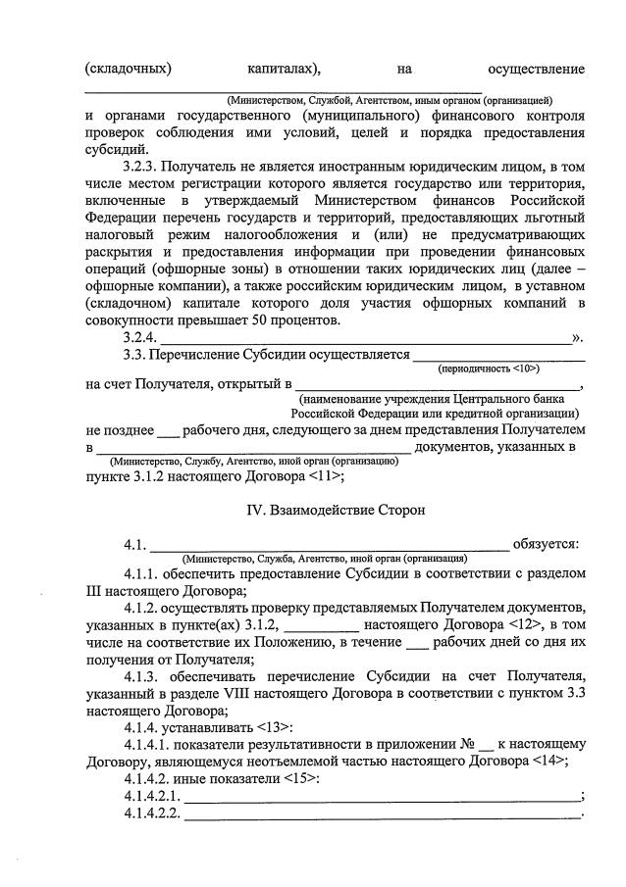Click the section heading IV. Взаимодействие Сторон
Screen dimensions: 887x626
(x=335, y=510)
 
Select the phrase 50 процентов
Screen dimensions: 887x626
(x=299, y=320)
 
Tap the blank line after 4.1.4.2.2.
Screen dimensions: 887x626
(x=383, y=816)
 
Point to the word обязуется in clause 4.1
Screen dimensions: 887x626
(x=549, y=545)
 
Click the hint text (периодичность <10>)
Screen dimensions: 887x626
(x=489, y=368)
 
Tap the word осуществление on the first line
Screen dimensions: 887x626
(x=536, y=69)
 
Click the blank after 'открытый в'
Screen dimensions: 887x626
(x=438, y=385)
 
